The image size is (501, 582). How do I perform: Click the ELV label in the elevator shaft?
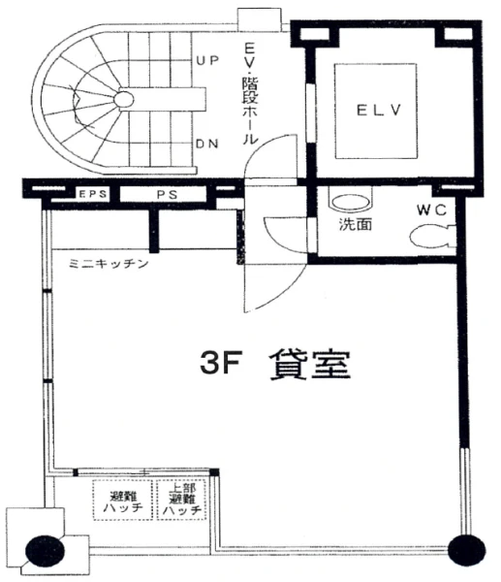click(379, 111)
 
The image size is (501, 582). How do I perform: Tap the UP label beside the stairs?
click(207, 60)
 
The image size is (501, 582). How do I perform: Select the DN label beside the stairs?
click(207, 144)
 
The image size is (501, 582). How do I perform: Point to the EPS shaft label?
click(93, 194)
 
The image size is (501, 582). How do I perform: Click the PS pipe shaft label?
click(167, 194)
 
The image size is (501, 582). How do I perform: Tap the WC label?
click(431, 210)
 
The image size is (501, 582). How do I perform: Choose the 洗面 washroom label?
click(356, 224)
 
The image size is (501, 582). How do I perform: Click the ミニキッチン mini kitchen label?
click(109, 264)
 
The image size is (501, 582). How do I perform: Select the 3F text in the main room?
click(221, 363)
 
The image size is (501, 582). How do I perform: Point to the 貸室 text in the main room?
click(310, 365)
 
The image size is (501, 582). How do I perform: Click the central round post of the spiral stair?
click(123, 99)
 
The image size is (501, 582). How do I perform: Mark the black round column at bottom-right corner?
click(467, 549)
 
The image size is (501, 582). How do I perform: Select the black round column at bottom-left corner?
click(45, 551)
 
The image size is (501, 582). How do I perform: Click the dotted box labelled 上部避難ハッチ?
click(181, 500)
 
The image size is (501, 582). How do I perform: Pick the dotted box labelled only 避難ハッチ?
click(122, 500)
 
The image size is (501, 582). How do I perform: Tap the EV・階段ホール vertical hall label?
click(250, 93)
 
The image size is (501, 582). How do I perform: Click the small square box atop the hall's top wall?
click(259, 20)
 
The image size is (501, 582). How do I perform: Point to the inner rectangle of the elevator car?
click(376, 112)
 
